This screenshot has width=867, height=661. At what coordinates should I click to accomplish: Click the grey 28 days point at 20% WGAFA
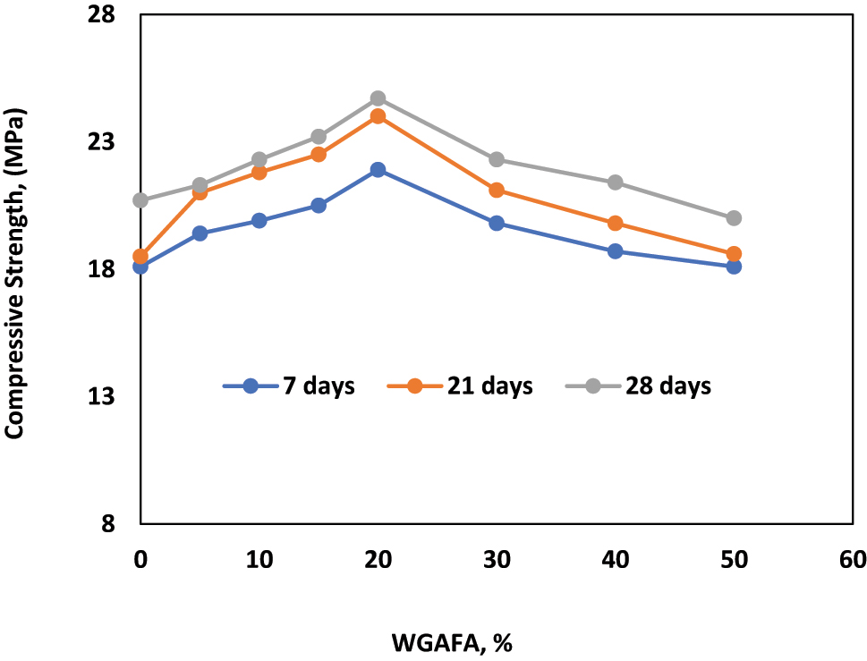pos(378,98)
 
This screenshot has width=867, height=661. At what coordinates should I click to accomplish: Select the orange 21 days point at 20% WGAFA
pos(378,116)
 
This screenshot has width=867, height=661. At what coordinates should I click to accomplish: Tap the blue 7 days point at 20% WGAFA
pos(378,170)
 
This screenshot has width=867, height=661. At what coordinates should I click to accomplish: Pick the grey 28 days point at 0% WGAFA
pos(140,200)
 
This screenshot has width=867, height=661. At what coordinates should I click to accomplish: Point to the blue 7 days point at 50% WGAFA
pos(734,267)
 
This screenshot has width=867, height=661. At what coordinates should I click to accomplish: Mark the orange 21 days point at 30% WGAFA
pos(497,191)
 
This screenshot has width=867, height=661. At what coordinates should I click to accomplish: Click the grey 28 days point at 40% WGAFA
pos(615,182)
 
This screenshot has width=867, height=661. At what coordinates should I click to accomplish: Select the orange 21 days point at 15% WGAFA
pos(319,154)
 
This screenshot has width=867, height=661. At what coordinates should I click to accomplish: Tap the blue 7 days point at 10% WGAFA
pos(259,221)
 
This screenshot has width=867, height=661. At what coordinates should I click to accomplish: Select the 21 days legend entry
pos(460,386)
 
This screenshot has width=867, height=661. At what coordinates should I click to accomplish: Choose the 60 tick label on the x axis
pos(853,560)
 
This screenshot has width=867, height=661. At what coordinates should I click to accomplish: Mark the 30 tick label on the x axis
pos(497,560)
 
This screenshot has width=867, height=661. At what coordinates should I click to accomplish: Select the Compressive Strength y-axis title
pos(15,274)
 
